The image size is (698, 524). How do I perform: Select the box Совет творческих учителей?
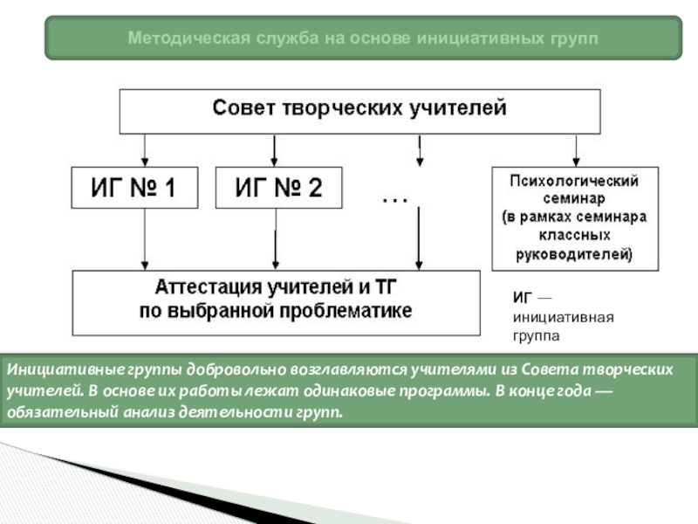point(359,110)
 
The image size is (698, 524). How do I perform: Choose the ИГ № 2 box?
point(278,187)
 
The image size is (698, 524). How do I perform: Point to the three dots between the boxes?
point(394,200)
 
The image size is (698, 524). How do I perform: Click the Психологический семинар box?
point(575,218)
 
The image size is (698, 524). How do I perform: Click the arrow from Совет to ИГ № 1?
point(146,149)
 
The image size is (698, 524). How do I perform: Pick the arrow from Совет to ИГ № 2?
point(275,149)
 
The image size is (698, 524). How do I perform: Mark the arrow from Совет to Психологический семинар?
point(575,149)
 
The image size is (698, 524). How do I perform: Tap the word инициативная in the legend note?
point(563,317)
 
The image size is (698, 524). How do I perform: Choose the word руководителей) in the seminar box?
point(576,254)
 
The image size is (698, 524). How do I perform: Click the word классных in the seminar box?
point(576,235)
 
